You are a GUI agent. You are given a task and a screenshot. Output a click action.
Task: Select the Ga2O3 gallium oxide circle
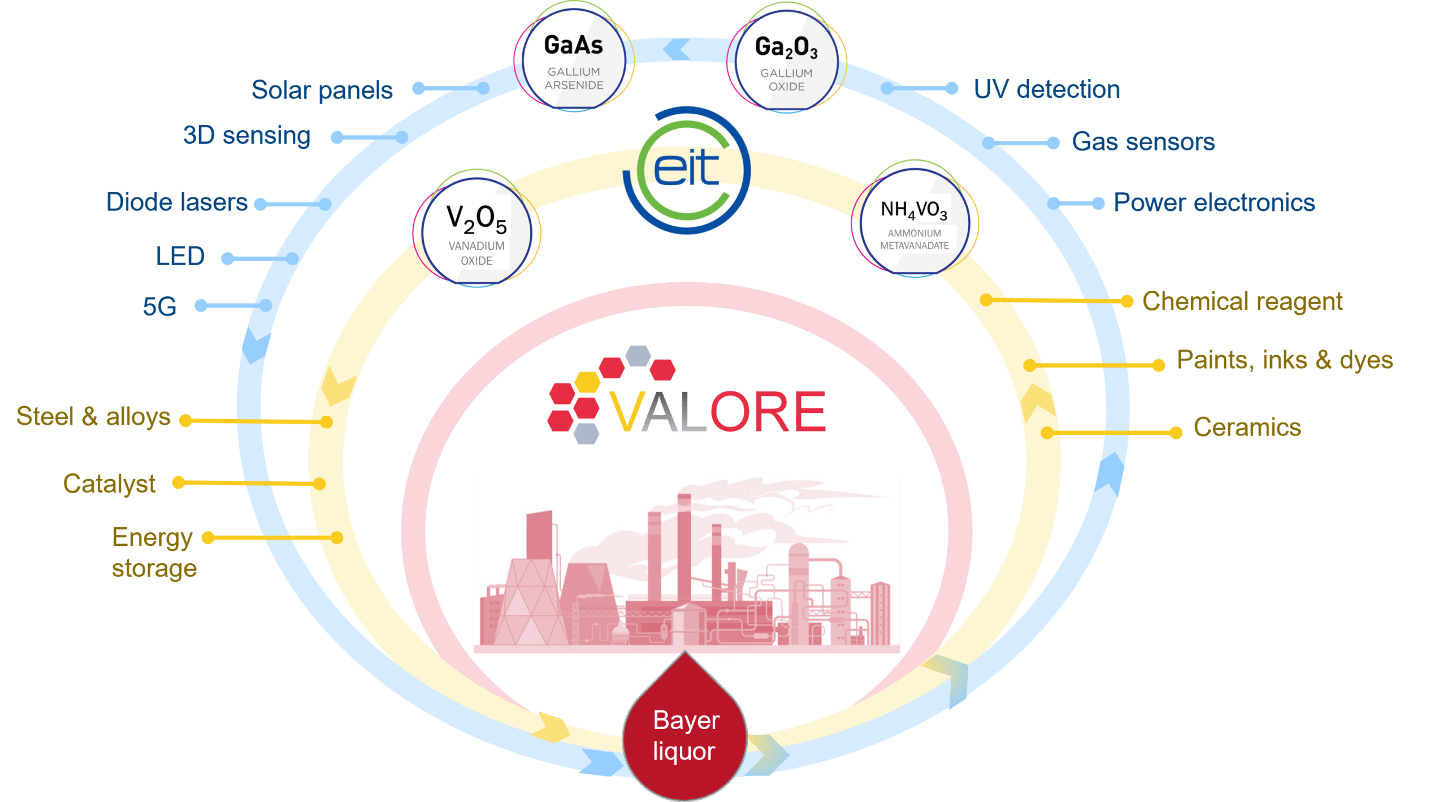pyautogui.click(x=786, y=59)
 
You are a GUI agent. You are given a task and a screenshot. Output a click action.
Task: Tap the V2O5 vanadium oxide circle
pyautogui.click(x=476, y=229)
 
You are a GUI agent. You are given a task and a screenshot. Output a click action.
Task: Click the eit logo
pyautogui.click(x=686, y=170)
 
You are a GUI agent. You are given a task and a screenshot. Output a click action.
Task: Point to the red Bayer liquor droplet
pyautogui.click(x=685, y=727)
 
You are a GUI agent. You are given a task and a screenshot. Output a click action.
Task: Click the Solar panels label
pyautogui.click(x=322, y=90)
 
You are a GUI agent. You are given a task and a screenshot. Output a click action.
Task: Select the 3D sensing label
pyautogui.click(x=247, y=136)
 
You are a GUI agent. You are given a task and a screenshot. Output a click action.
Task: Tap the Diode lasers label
pyautogui.click(x=177, y=202)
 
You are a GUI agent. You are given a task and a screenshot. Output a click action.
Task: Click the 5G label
pyautogui.click(x=159, y=307)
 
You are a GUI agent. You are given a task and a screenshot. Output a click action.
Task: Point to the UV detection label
pyautogui.click(x=1046, y=89)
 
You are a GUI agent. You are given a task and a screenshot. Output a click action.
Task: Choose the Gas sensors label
pyautogui.click(x=1143, y=141)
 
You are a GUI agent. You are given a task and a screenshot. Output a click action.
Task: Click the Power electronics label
pyautogui.click(x=1214, y=202)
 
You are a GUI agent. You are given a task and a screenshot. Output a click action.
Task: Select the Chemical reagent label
pyautogui.click(x=1242, y=301)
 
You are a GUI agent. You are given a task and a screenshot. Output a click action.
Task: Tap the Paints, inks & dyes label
pyautogui.click(x=1284, y=360)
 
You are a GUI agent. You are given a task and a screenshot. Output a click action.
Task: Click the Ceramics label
pyautogui.click(x=1247, y=428)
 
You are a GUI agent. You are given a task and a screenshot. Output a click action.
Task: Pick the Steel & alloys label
pyautogui.click(x=93, y=417)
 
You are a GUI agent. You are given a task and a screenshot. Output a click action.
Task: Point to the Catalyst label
pyautogui.click(x=109, y=484)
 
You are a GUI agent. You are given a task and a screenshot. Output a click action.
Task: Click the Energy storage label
pyautogui.click(x=154, y=553)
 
